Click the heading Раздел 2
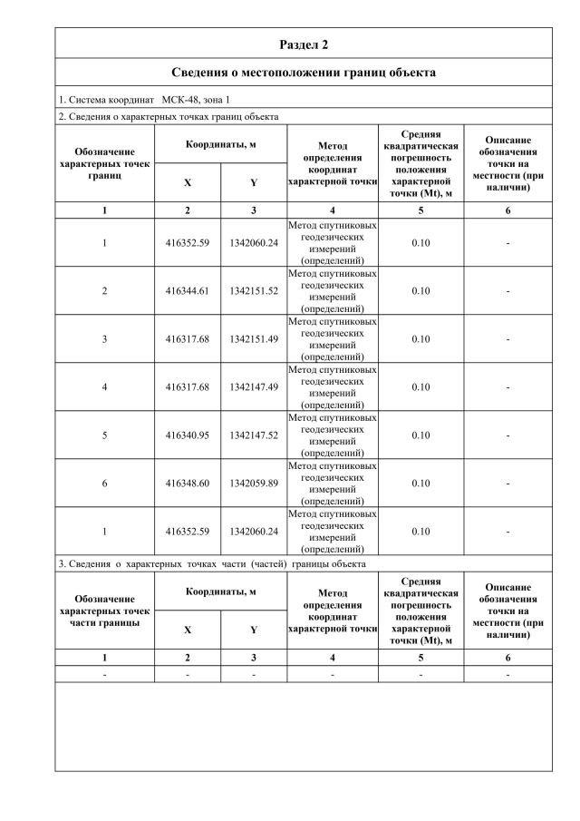(304, 44)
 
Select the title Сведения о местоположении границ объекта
(304, 73)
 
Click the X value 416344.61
(188, 291)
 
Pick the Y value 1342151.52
(254, 291)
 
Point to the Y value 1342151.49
(254, 339)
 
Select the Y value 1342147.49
(254, 387)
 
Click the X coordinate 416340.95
(188, 435)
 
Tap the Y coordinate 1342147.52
(254, 435)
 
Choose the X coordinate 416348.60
(188, 484)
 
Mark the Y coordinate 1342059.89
(254, 484)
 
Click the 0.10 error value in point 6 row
(420, 484)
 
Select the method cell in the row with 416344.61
(333, 291)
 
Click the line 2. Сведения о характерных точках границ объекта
(169, 116)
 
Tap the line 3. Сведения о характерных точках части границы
(212, 563)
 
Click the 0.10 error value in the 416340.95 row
(420, 435)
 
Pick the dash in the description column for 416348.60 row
(507, 484)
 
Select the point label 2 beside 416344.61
(105, 291)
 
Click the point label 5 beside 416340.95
(105, 435)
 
